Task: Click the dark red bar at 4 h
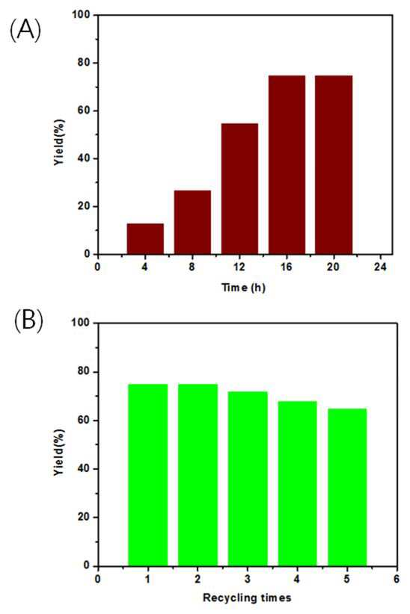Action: [145, 239]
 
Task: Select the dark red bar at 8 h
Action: [192, 223]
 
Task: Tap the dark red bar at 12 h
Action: [239, 189]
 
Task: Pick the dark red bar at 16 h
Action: [287, 165]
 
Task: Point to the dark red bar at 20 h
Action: [334, 165]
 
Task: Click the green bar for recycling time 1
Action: [148, 475]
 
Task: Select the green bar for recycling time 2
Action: [198, 475]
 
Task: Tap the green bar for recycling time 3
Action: [248, 479]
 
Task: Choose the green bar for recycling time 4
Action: [297, 483]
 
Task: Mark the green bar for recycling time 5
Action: [347, 487]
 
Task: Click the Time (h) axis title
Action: [244, 288]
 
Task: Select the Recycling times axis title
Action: [247, 598]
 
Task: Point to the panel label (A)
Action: [25, 31]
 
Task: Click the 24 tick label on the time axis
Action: [381, 267]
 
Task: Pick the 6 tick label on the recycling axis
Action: [397, 579]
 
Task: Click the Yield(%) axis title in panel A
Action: [59, 142]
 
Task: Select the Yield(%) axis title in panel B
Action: [59, 452]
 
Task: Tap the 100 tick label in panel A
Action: [82, 15]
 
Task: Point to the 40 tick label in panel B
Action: [84, 469]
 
